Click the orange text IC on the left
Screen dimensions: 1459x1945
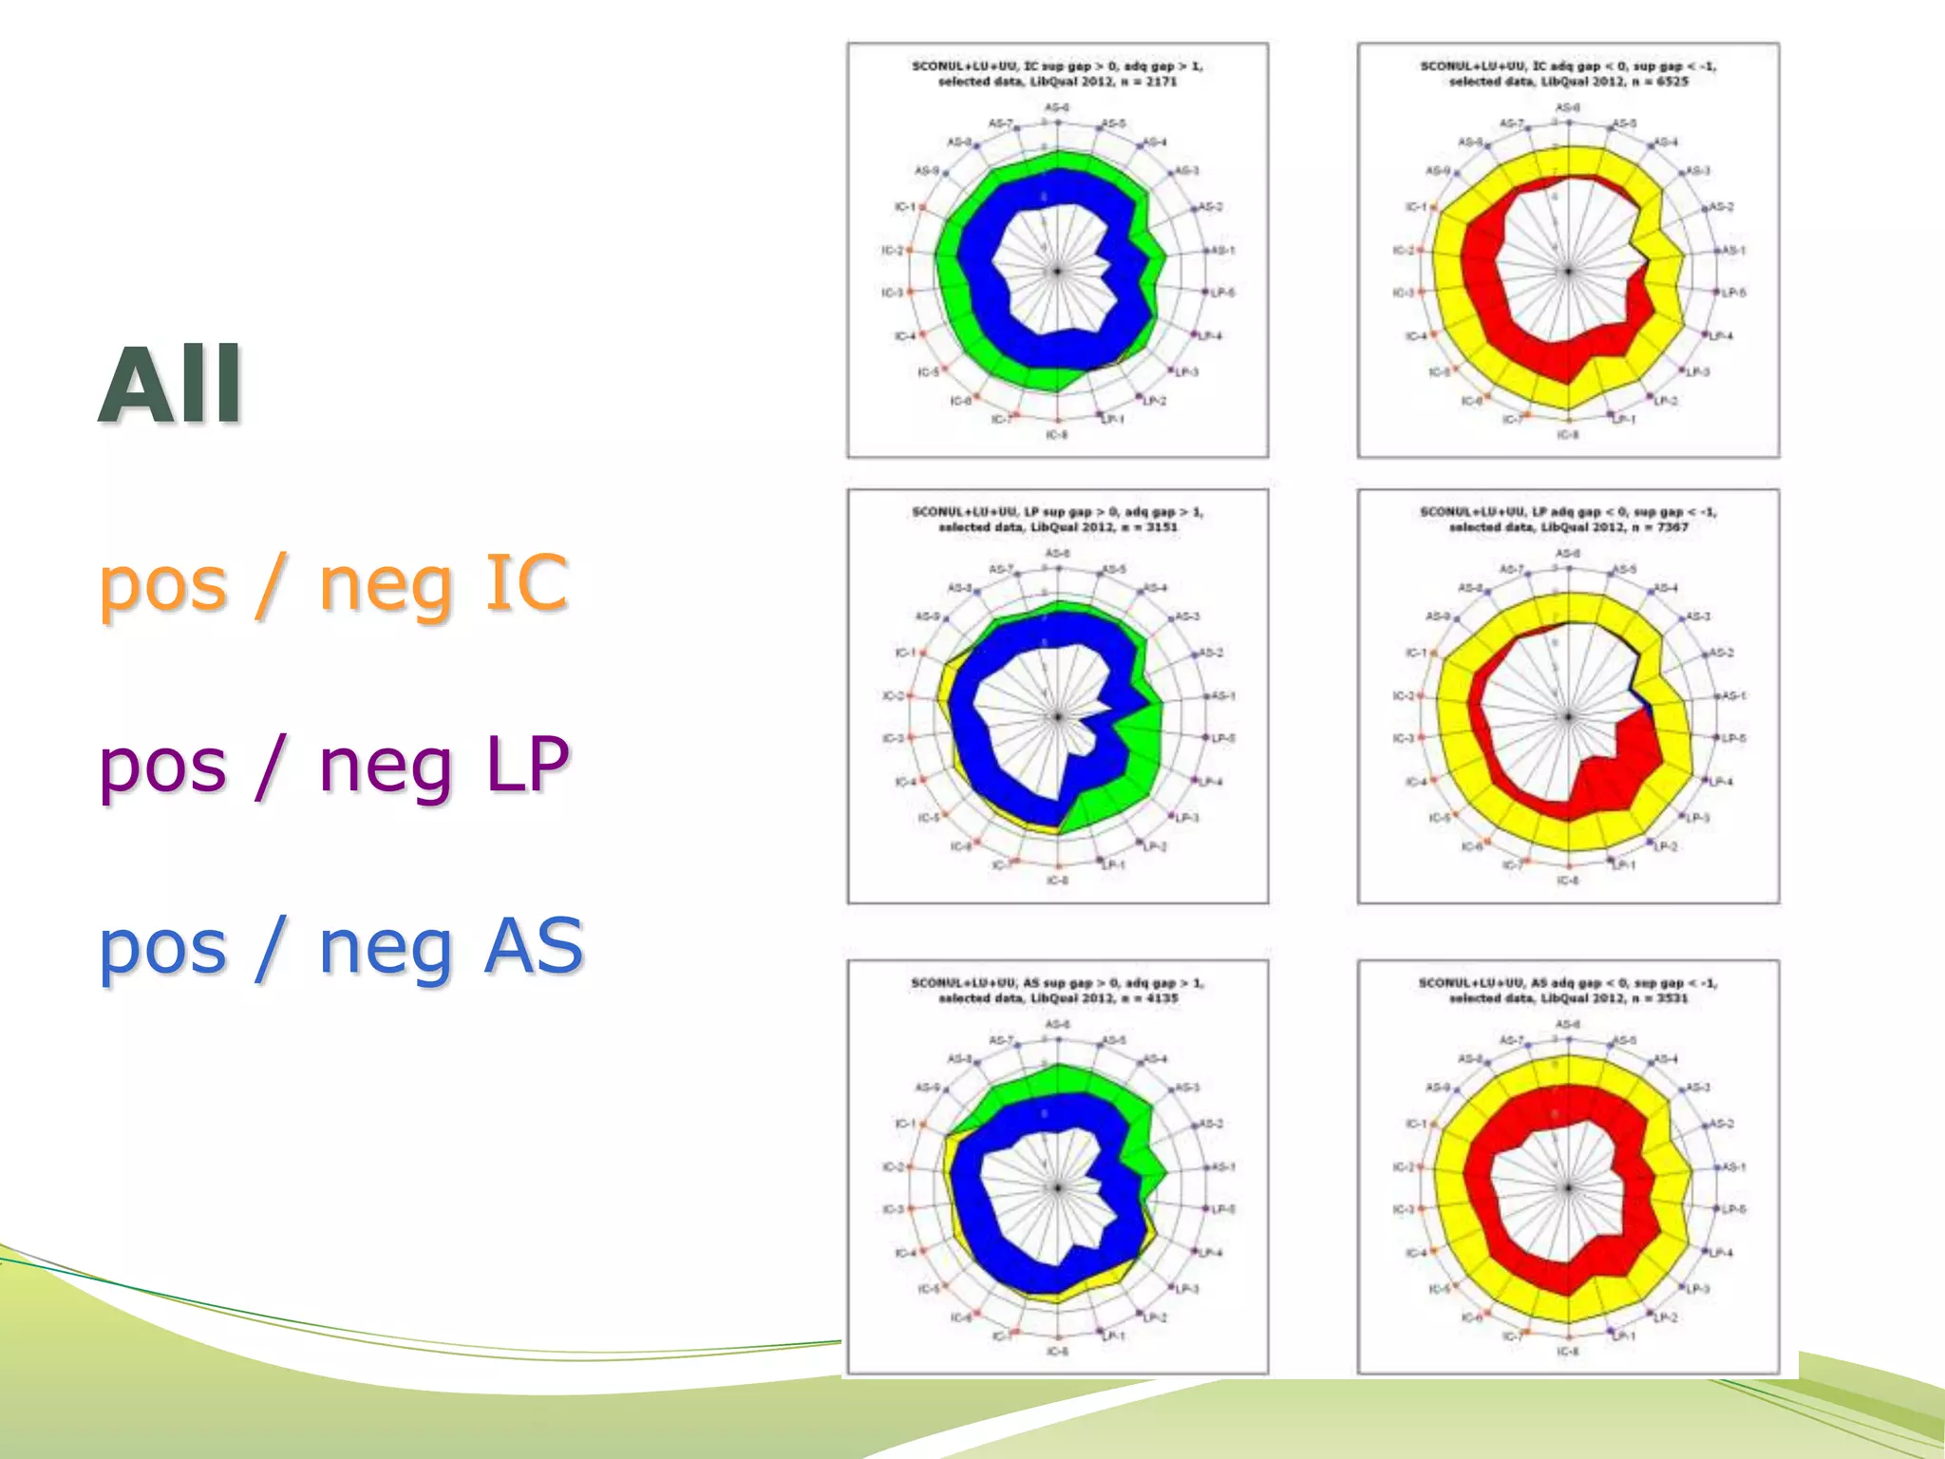click(x=526, y=581)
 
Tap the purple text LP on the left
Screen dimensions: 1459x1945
click(x=526, y=764)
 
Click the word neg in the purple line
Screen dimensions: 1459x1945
click(x=386, y=766)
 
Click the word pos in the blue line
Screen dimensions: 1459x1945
click(x=162, y=947)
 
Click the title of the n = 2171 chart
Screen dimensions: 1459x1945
click(x=1057, y=74)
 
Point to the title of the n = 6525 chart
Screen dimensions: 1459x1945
click(x=1568, y=74)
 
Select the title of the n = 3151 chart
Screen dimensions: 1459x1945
click(x=1057, y=520)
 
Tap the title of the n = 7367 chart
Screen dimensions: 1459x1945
click(x=1568, y=520)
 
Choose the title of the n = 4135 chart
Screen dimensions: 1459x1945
click(x=1057, y=991)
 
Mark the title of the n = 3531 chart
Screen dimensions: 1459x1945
click(x=1568, y=991)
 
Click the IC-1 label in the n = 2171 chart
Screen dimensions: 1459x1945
click(x=903, y=207)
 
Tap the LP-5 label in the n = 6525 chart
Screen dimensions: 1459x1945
click(x=1734, y=293)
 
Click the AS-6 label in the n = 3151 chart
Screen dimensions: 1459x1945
click(x=1057, y=553)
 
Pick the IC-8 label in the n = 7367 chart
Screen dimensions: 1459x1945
click(x=1568, y=881)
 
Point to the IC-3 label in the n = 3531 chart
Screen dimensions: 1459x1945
click(x=1403, y=1210)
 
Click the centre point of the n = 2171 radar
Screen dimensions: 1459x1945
click(x=1057, y=272)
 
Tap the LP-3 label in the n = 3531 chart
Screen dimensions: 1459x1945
click(x=1697, y=1289)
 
